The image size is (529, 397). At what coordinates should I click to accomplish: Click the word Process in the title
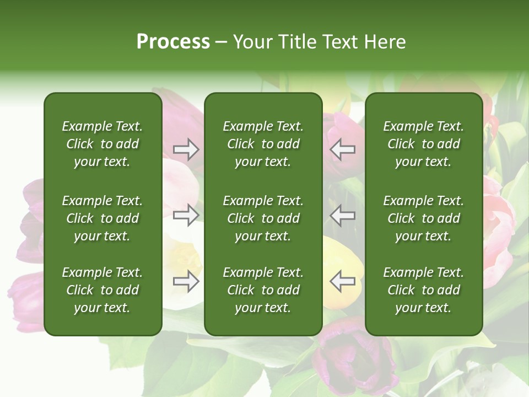coord(173,42)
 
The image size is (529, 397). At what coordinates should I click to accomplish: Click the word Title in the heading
coord(296,42)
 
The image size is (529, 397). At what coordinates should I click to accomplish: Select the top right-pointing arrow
coord(186,149)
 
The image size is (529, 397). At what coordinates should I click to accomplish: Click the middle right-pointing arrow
coord(186,215)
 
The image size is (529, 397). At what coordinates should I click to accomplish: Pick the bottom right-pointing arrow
coord(186,282)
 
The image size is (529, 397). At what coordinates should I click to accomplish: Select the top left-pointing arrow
coord(342,149)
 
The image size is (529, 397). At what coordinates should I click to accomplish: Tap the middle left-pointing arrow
coord(342,215)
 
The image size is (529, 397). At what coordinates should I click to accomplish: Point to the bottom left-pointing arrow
coord(342,282)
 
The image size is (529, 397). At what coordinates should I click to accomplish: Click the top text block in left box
coord(102,144)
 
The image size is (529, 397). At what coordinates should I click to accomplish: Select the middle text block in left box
coord(102,218)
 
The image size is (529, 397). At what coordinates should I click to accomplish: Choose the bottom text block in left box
coord(102,290)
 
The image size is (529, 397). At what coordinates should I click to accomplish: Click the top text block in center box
coord(263,144)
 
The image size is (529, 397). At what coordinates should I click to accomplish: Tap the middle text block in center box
coord(263,218)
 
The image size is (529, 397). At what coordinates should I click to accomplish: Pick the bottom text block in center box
coord(263,290)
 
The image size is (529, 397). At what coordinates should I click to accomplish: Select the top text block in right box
coord(424,144)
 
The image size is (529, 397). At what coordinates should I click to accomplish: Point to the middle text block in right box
coord(424,218)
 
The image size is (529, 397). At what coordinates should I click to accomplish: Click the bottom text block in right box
coord(424,290)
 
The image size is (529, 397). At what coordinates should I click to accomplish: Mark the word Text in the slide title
coord(340,42)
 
